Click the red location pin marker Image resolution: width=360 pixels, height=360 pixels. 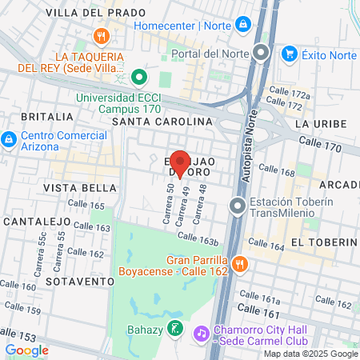[x=179, y=162]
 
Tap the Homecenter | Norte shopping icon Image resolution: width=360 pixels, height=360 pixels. [x=242, y=25]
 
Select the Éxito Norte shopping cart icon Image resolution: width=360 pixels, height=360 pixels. [x=290, y=54]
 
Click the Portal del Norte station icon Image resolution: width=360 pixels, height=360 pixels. [x=261, y=54]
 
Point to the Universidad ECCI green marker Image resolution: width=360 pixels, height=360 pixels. [x=138, y=78]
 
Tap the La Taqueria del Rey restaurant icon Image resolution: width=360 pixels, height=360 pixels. [x=101, y=36]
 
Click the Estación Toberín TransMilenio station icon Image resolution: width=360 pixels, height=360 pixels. [x=237, y=206]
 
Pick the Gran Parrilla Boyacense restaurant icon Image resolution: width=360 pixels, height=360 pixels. [x=239, y=264]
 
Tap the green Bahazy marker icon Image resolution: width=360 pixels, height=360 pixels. [x=176, y=329]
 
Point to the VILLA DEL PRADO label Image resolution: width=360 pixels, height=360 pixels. [x=96, y=13]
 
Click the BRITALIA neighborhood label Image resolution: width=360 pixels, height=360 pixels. [x=38, y=116]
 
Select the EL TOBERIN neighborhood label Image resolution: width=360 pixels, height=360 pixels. [x=323, y=242]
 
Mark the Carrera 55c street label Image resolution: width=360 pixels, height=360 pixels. [x=41, y=251]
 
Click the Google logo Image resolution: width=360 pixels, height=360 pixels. [x=27, y=350]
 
